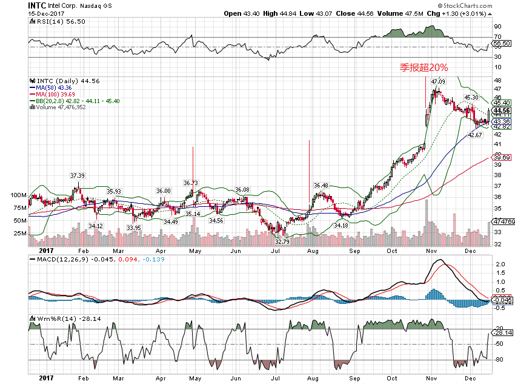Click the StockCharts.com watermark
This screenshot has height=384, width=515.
482,5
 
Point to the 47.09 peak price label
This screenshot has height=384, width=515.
437,81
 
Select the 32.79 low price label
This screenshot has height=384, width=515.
282,241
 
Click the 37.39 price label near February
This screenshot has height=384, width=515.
77,175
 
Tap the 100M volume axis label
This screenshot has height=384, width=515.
18,196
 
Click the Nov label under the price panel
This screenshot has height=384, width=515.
431,249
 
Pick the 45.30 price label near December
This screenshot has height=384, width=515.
471,97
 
